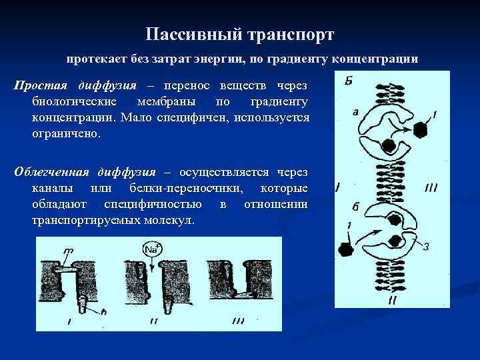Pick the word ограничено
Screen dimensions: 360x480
pyautogui.click(x=65, y=133)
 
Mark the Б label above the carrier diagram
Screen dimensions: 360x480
pyautogui.click(x=349, y=82)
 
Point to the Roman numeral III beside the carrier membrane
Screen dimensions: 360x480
pyautogui.click(x=431, y=188)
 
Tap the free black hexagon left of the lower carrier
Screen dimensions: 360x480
pyautogui.click(x=346, y=250)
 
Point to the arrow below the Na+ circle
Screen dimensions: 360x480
pyautogui.click(x=153, y=266)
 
